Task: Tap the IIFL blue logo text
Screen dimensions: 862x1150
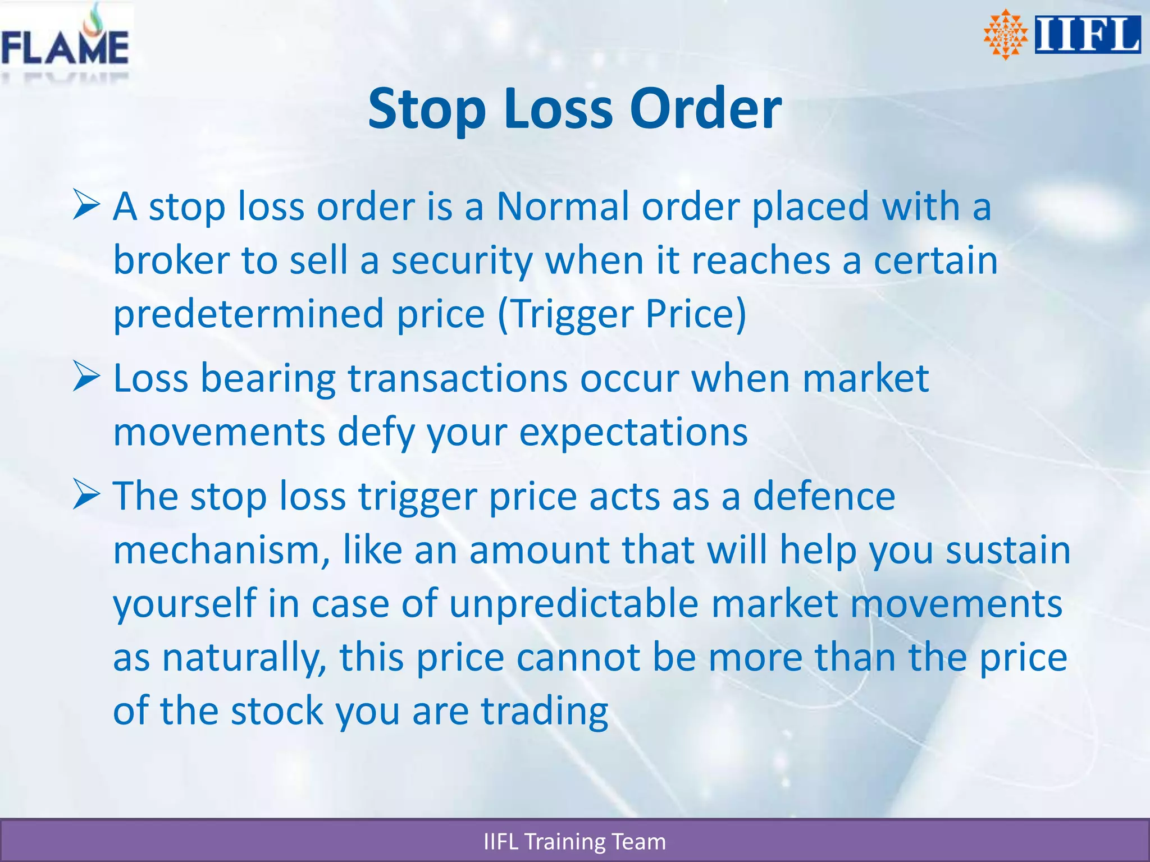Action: [x=1087, y=35]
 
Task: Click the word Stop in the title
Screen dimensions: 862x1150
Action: [x=427, y=109]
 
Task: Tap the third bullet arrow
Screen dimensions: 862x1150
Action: [x=86, y=495]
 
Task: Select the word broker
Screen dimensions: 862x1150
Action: [x=171, y=260]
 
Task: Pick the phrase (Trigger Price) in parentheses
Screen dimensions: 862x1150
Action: [x=622, y=314]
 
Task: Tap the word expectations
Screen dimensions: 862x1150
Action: [x=633, y=433]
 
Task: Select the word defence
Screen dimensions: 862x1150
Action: [x=823, y=496]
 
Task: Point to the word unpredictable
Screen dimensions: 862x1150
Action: [x=574, y=604]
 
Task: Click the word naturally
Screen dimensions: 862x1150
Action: [x=244, y=658]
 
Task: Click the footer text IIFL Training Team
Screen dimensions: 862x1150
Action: [x=574, y=842]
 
